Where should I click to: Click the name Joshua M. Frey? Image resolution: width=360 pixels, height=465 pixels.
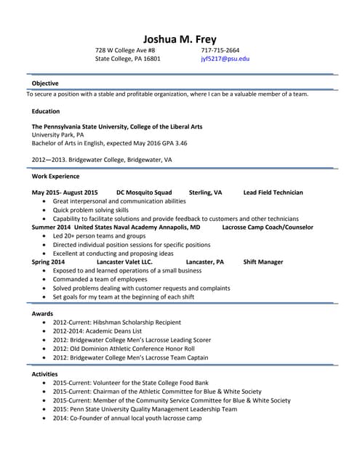pyautogui.click(x=180, y=39)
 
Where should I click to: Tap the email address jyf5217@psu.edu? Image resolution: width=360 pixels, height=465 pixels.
pyautogui.click(x=225, y=59)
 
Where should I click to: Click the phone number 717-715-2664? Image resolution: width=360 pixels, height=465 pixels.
pyautogui.click(x=220, y=50)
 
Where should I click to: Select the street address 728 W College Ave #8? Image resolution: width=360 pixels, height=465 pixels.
pyautogui.click(x=125, y=50)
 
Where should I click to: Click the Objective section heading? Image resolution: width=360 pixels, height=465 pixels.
pyautogui.click(x=45, y=84)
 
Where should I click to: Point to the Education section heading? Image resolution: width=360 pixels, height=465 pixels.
pyautogui.click(x=46, y=111)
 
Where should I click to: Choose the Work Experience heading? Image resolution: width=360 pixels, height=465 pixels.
pyautogui.click(x=56, y=177)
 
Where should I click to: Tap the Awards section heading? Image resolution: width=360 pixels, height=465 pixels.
pyautogui.click(x=42, y=313)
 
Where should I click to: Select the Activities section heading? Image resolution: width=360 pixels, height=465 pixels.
pyautogui.click(x=46, y=373)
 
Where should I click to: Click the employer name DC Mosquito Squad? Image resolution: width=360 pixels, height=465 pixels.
pyautogui.click(x=144, y=193)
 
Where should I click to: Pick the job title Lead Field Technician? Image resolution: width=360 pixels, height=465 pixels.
pyautogui.click(x=273, y=193)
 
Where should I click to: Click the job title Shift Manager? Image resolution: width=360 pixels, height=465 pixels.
pyautogui.click(x=263, y=262)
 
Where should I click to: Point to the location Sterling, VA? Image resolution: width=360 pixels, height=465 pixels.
pyautogui.click(x=205, y=193)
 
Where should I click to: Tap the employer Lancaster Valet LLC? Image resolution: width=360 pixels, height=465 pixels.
pyautogui.click(x=124, y=262)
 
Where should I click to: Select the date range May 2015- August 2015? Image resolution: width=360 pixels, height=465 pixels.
pyautogui.click(x=65, y=193)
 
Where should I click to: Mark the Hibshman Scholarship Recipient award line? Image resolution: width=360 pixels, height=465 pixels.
pyautogui.click(x=116, y=322)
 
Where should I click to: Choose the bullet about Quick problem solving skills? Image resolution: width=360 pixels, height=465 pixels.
pyautogui.click(x=91, y=210)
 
